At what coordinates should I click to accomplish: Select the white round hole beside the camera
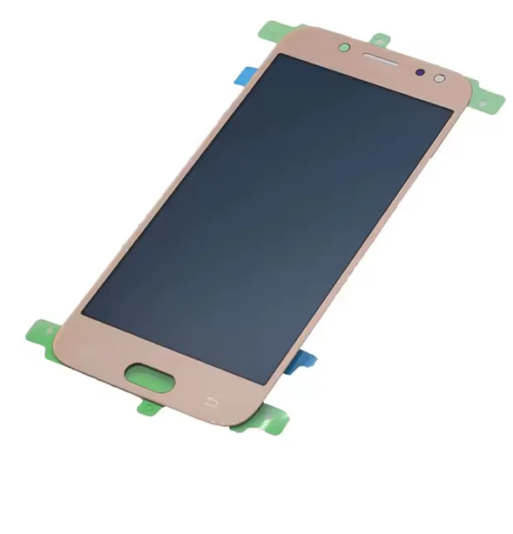438,78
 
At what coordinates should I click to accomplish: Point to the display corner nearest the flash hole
453,110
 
